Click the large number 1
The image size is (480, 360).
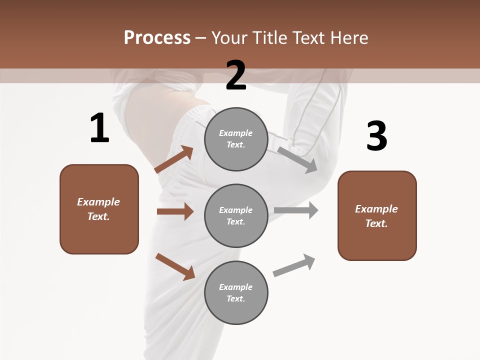pos(99,128)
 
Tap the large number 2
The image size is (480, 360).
pos(236,75)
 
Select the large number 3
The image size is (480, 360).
pos(376,136)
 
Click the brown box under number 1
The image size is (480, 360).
pos(99,209)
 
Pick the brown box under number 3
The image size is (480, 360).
pos(377,216)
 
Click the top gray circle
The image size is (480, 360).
pos(236,139)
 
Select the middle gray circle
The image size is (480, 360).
pos(236,216)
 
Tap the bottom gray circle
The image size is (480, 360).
pos(236,293)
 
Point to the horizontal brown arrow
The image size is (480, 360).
pos(175,211)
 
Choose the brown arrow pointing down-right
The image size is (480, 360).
pos(175,266)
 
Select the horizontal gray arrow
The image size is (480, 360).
pos(296,210)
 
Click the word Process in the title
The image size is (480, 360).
pos(157,37)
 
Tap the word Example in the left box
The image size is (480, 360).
pos(98,202)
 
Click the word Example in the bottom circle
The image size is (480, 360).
pos(235,287)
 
